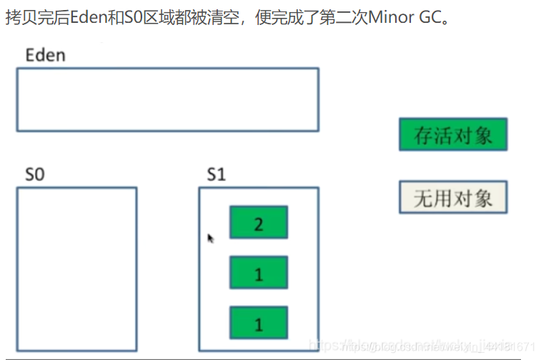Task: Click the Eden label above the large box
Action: [45, 54]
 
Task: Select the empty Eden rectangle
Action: [167, 99]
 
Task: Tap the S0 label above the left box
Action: [35, 174]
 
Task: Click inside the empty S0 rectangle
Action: [76, 269]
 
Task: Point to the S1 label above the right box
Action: [216, 174]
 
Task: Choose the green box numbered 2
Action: [258, 223]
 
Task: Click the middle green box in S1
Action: [258, 273]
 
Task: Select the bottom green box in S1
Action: [258, 324]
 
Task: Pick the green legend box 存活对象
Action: [452, 134]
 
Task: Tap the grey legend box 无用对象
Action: [452, 197]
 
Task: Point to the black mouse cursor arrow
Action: [210, 238]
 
